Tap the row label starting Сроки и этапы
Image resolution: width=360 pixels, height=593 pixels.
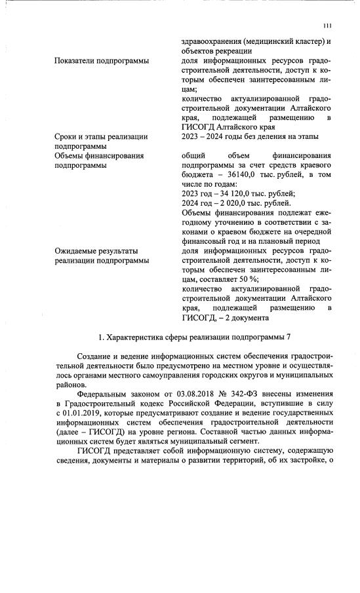tap(101, 136)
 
